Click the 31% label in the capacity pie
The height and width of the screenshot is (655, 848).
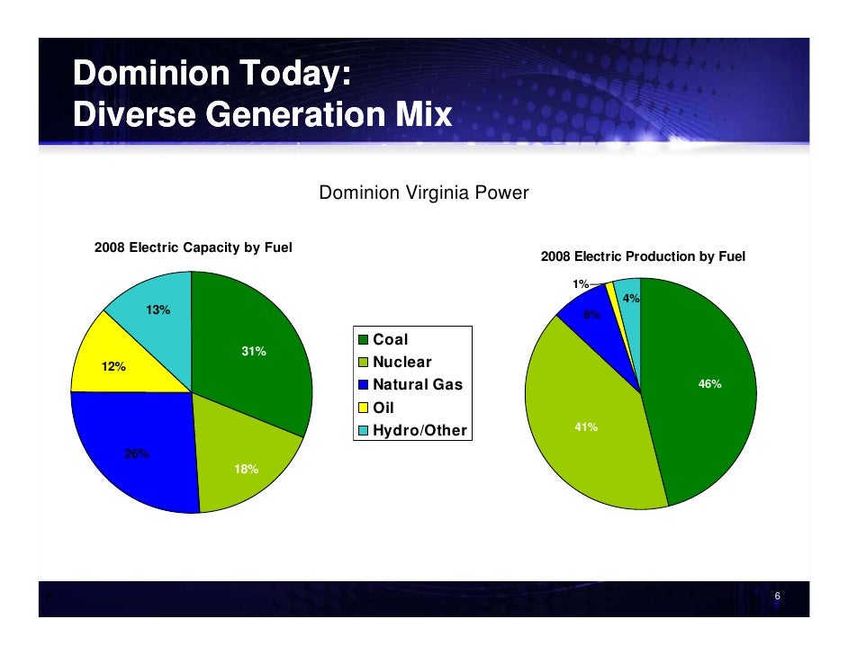(x=253, y=352)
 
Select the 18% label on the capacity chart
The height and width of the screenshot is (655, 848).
(x=247, y=470)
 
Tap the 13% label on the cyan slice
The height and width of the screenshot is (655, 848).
(x=158, y=310)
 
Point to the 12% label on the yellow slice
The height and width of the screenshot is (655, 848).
(x=113, y=367)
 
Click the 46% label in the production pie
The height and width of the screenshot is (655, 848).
(x=710, y=384)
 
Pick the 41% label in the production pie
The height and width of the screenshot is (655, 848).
(x=586, y=427)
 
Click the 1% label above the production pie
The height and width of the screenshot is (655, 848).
(x=581, y=284)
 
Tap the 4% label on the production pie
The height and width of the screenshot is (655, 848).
(x=631, y=299)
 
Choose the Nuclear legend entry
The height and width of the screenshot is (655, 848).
(x=395, y=363)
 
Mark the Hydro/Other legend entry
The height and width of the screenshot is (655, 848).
(x=413, y=430)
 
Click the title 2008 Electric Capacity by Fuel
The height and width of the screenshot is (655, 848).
(x=194, y=247)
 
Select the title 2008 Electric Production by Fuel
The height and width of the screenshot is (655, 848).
(x=643, y=256)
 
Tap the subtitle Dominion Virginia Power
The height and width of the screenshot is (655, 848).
(x=424, y=193)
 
